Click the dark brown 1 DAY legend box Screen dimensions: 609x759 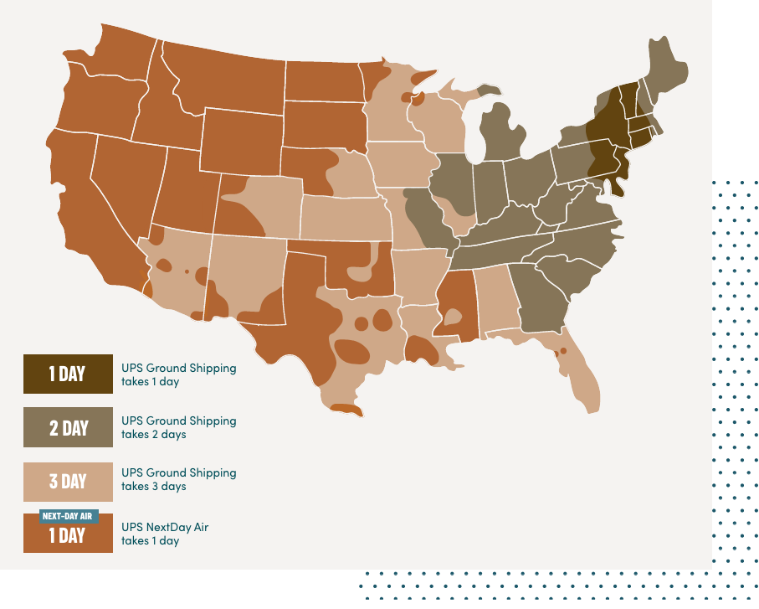pos(68,374)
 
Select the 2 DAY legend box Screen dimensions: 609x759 pos(68,427)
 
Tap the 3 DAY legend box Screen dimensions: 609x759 pos(68,481)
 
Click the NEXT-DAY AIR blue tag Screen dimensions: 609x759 pos(69,516)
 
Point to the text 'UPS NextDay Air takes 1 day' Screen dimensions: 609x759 pos(165,534)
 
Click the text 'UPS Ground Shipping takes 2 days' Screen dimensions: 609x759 pos(178,427)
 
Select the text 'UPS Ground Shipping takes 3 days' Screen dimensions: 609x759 pos(178,479)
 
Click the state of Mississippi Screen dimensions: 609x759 pos(455,307)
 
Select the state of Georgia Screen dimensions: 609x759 pos(540,298)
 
